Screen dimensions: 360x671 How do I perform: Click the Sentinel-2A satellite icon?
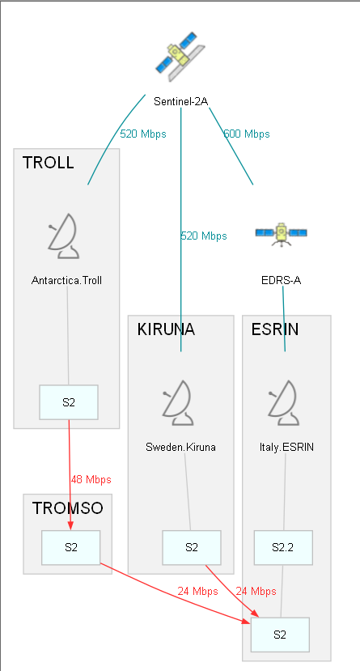tap(180, 56)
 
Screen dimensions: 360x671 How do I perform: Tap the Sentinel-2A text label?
tap(181, 101)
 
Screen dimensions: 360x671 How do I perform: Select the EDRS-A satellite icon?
tap(282, 235)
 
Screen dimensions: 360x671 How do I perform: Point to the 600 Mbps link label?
tap(247, 134)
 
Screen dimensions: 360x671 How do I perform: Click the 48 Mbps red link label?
tap(91, 480)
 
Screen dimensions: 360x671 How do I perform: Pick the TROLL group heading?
tap(48, 163)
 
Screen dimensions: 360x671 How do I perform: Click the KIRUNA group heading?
tap(166, 329)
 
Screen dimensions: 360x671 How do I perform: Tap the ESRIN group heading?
tap(275, 329)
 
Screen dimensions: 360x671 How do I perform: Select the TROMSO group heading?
tap(68, 508)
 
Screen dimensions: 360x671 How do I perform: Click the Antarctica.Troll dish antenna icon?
tap(64, 236)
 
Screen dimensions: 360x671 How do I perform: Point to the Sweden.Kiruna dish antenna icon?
tap(179, 403)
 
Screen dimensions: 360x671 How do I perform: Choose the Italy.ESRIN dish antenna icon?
tap(284, 403)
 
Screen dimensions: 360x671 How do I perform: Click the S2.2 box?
tap(283, 548)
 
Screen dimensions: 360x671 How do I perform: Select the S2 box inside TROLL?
tap(69, 402)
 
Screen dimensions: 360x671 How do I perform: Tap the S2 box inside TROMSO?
tap(71, 548)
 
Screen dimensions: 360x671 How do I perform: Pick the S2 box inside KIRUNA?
tap(192, 548)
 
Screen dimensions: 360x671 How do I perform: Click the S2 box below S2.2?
tap(280, 635)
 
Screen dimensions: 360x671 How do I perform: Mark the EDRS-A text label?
tap(282, 281)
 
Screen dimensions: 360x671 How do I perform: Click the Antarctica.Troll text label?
tap(66, 281)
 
